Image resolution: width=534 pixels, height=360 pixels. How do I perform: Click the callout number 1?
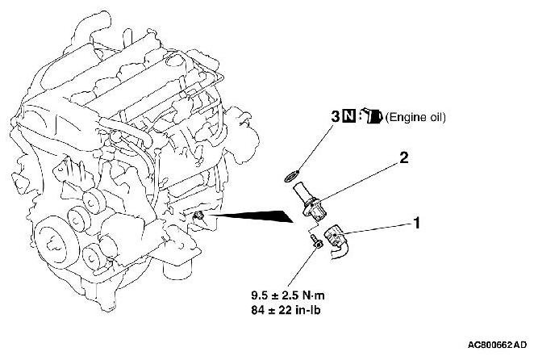tap(417, 219)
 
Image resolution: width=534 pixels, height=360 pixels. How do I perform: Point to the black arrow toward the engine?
tap(254, 216)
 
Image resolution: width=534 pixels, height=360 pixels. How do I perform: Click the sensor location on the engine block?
tap(199, 216)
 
